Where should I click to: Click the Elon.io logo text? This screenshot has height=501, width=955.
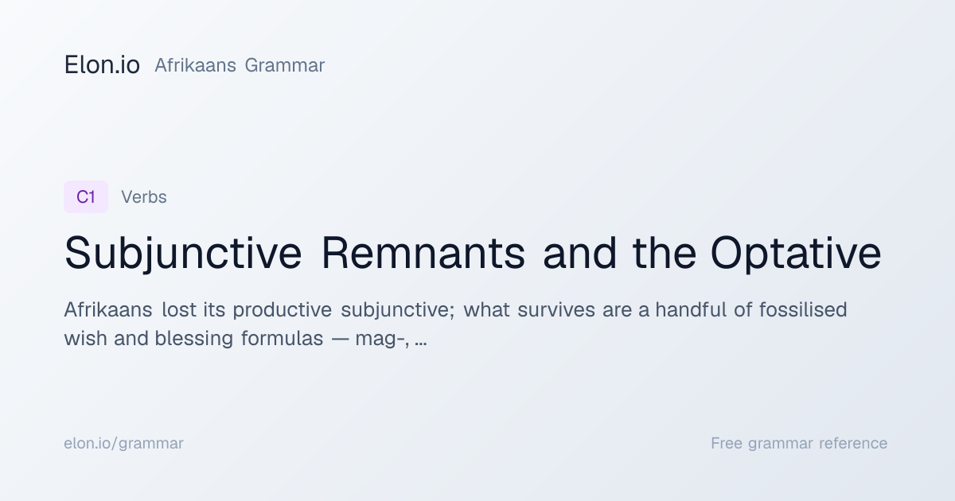click(102, 64)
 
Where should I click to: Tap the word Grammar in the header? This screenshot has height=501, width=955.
click(285, 65)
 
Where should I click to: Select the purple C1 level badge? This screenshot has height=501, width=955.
click(86, 197)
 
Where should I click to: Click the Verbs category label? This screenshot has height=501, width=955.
click(144, 197)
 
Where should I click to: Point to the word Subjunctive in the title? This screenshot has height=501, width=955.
click(183, 253)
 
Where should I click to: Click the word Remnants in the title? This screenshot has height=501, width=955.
click(423, 253)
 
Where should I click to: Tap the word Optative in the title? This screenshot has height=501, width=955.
click(796, 253)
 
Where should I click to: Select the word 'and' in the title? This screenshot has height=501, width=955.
click(580, 253)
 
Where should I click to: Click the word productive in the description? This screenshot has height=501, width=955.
click(283, 309)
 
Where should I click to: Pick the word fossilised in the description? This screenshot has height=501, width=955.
click(803, 309)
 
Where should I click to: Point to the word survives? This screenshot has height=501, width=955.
click(556, 309)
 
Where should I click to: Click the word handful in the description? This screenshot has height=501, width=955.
click(691, 309)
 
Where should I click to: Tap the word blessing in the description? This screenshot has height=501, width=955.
click(194, 339)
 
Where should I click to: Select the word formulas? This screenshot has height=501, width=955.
click(283, 338)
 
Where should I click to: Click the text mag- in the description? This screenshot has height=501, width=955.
click(380, 340)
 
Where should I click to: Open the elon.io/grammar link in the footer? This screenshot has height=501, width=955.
click(123, 444)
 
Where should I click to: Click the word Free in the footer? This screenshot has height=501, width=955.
click(727, 443)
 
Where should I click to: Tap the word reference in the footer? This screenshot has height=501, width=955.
click(853, 444)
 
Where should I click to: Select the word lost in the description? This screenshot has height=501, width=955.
click(179, 309)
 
